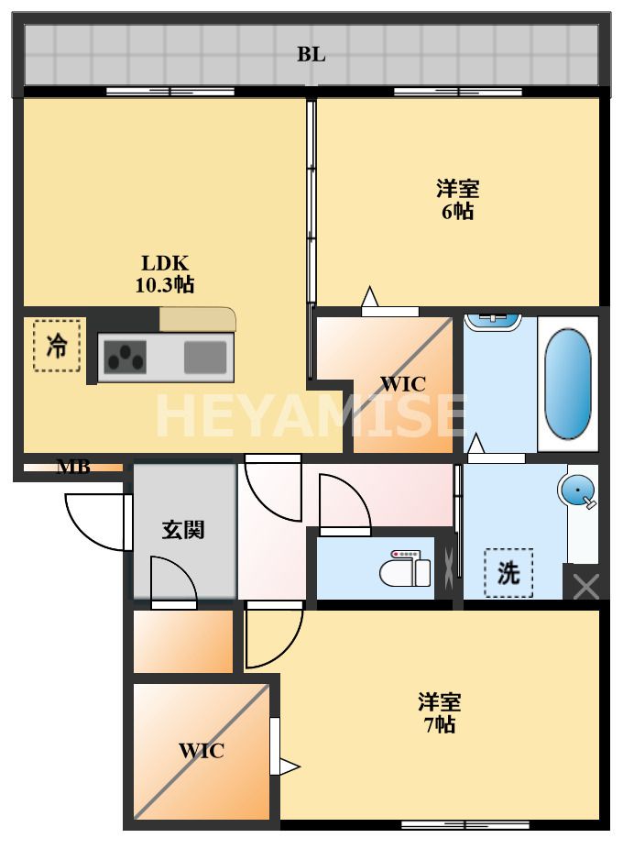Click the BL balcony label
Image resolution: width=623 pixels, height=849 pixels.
pos(311,55)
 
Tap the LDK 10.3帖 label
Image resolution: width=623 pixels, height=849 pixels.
pos(165,274)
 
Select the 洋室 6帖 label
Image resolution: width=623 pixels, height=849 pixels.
pos(457,200)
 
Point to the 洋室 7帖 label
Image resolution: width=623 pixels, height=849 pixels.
pos(439,713)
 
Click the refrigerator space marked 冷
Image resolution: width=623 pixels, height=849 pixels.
pos(57,346)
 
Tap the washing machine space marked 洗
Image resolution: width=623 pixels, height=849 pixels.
pos(508,573)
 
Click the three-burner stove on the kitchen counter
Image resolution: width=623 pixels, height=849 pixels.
pos(125,358)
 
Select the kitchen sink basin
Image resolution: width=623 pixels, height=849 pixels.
pos(205,358)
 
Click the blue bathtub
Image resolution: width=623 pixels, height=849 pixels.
pos(568,383)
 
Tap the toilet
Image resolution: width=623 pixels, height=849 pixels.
pos(406,568)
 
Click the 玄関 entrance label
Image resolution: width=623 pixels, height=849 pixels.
pos(183,530)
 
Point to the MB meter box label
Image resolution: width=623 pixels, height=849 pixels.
pos(73,467)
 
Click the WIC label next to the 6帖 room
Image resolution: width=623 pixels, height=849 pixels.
pos(403,384)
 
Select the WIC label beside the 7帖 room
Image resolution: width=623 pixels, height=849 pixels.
pos(202,751)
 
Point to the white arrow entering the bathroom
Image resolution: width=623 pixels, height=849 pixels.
pos(476,444)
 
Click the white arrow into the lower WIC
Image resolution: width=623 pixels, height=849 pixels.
pos(289,766)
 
